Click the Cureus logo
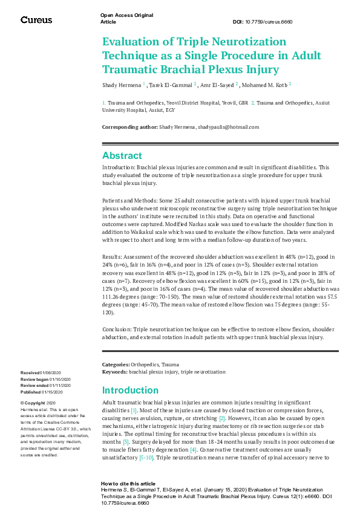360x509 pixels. coord(36,20)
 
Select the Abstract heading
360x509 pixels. coord(122,155)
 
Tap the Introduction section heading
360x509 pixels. coord(131,390)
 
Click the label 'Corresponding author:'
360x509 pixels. coord(129,127)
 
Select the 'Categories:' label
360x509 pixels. coord(116,365)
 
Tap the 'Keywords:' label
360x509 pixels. coord(114,372)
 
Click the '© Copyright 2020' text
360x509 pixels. coord(38,403)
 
